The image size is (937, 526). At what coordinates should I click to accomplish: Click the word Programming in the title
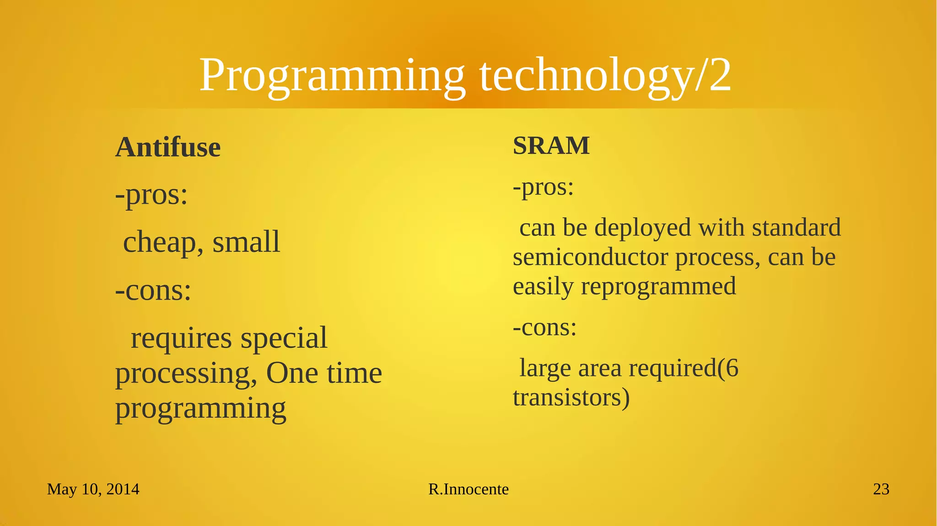click(x=332, y=75)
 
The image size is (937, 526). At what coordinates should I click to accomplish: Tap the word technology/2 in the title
click(x=605, y=75)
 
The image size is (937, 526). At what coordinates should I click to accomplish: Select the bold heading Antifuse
click(x=168, y=147)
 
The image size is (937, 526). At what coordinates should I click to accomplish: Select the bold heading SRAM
click(x=551, y=146)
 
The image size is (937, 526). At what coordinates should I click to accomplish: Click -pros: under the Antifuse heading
click(x=151, y=195)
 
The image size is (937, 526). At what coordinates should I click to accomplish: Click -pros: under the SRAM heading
click(x=543, y=187)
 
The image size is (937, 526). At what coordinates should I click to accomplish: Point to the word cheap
click(x=162, y=242)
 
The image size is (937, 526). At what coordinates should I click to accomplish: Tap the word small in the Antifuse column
click(x=246, y=242)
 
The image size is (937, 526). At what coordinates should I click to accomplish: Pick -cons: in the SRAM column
click(x=544, y=327)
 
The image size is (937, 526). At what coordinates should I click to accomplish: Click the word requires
click(x=181, y=338)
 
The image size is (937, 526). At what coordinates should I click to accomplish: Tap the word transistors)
click(x=571, y=397)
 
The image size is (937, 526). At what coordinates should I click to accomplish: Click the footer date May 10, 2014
click(x=93, y=489)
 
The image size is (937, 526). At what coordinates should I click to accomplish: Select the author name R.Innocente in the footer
click(x=468, y=489)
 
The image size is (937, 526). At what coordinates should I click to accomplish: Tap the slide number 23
click(x=881, y=489)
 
